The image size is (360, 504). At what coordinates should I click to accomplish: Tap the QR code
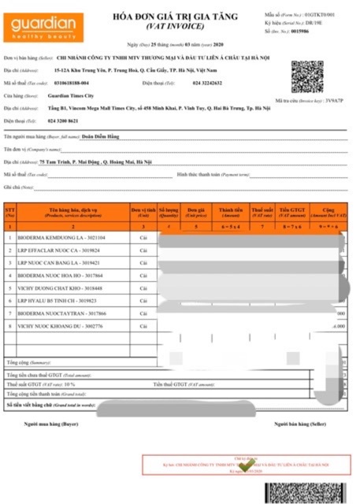pos(306,76)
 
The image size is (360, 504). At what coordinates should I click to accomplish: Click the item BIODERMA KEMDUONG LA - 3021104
pos(62,237)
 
